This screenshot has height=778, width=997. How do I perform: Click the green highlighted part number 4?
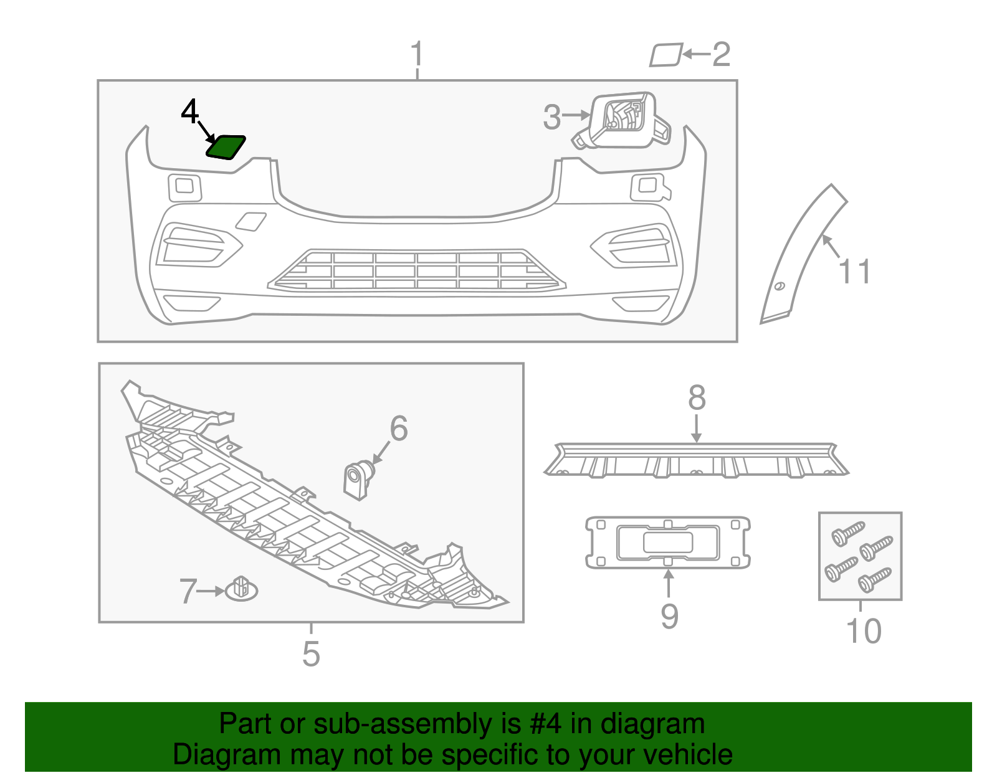click(226, 148)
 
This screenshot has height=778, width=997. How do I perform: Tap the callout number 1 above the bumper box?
click(417, 54)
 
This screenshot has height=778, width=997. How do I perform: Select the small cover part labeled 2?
click(665, 55)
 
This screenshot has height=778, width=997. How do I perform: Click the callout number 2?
click(721, 55)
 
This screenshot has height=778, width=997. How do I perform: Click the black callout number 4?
click(189, 112)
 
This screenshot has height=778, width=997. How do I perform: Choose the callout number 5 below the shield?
click(311, 653)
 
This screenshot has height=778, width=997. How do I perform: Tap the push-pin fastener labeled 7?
click(241, 589)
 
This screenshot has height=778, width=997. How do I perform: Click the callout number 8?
click(697, 397)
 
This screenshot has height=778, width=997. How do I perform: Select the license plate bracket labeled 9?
click(667, 542)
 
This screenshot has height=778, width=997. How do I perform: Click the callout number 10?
click(864, 631)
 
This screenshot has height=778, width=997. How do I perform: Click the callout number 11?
click(854, 272)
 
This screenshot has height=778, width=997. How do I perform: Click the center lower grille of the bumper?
click(416, 272)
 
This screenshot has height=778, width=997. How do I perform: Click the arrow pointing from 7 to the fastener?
click(211, 591)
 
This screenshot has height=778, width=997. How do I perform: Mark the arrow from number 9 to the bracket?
click(668, 583)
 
